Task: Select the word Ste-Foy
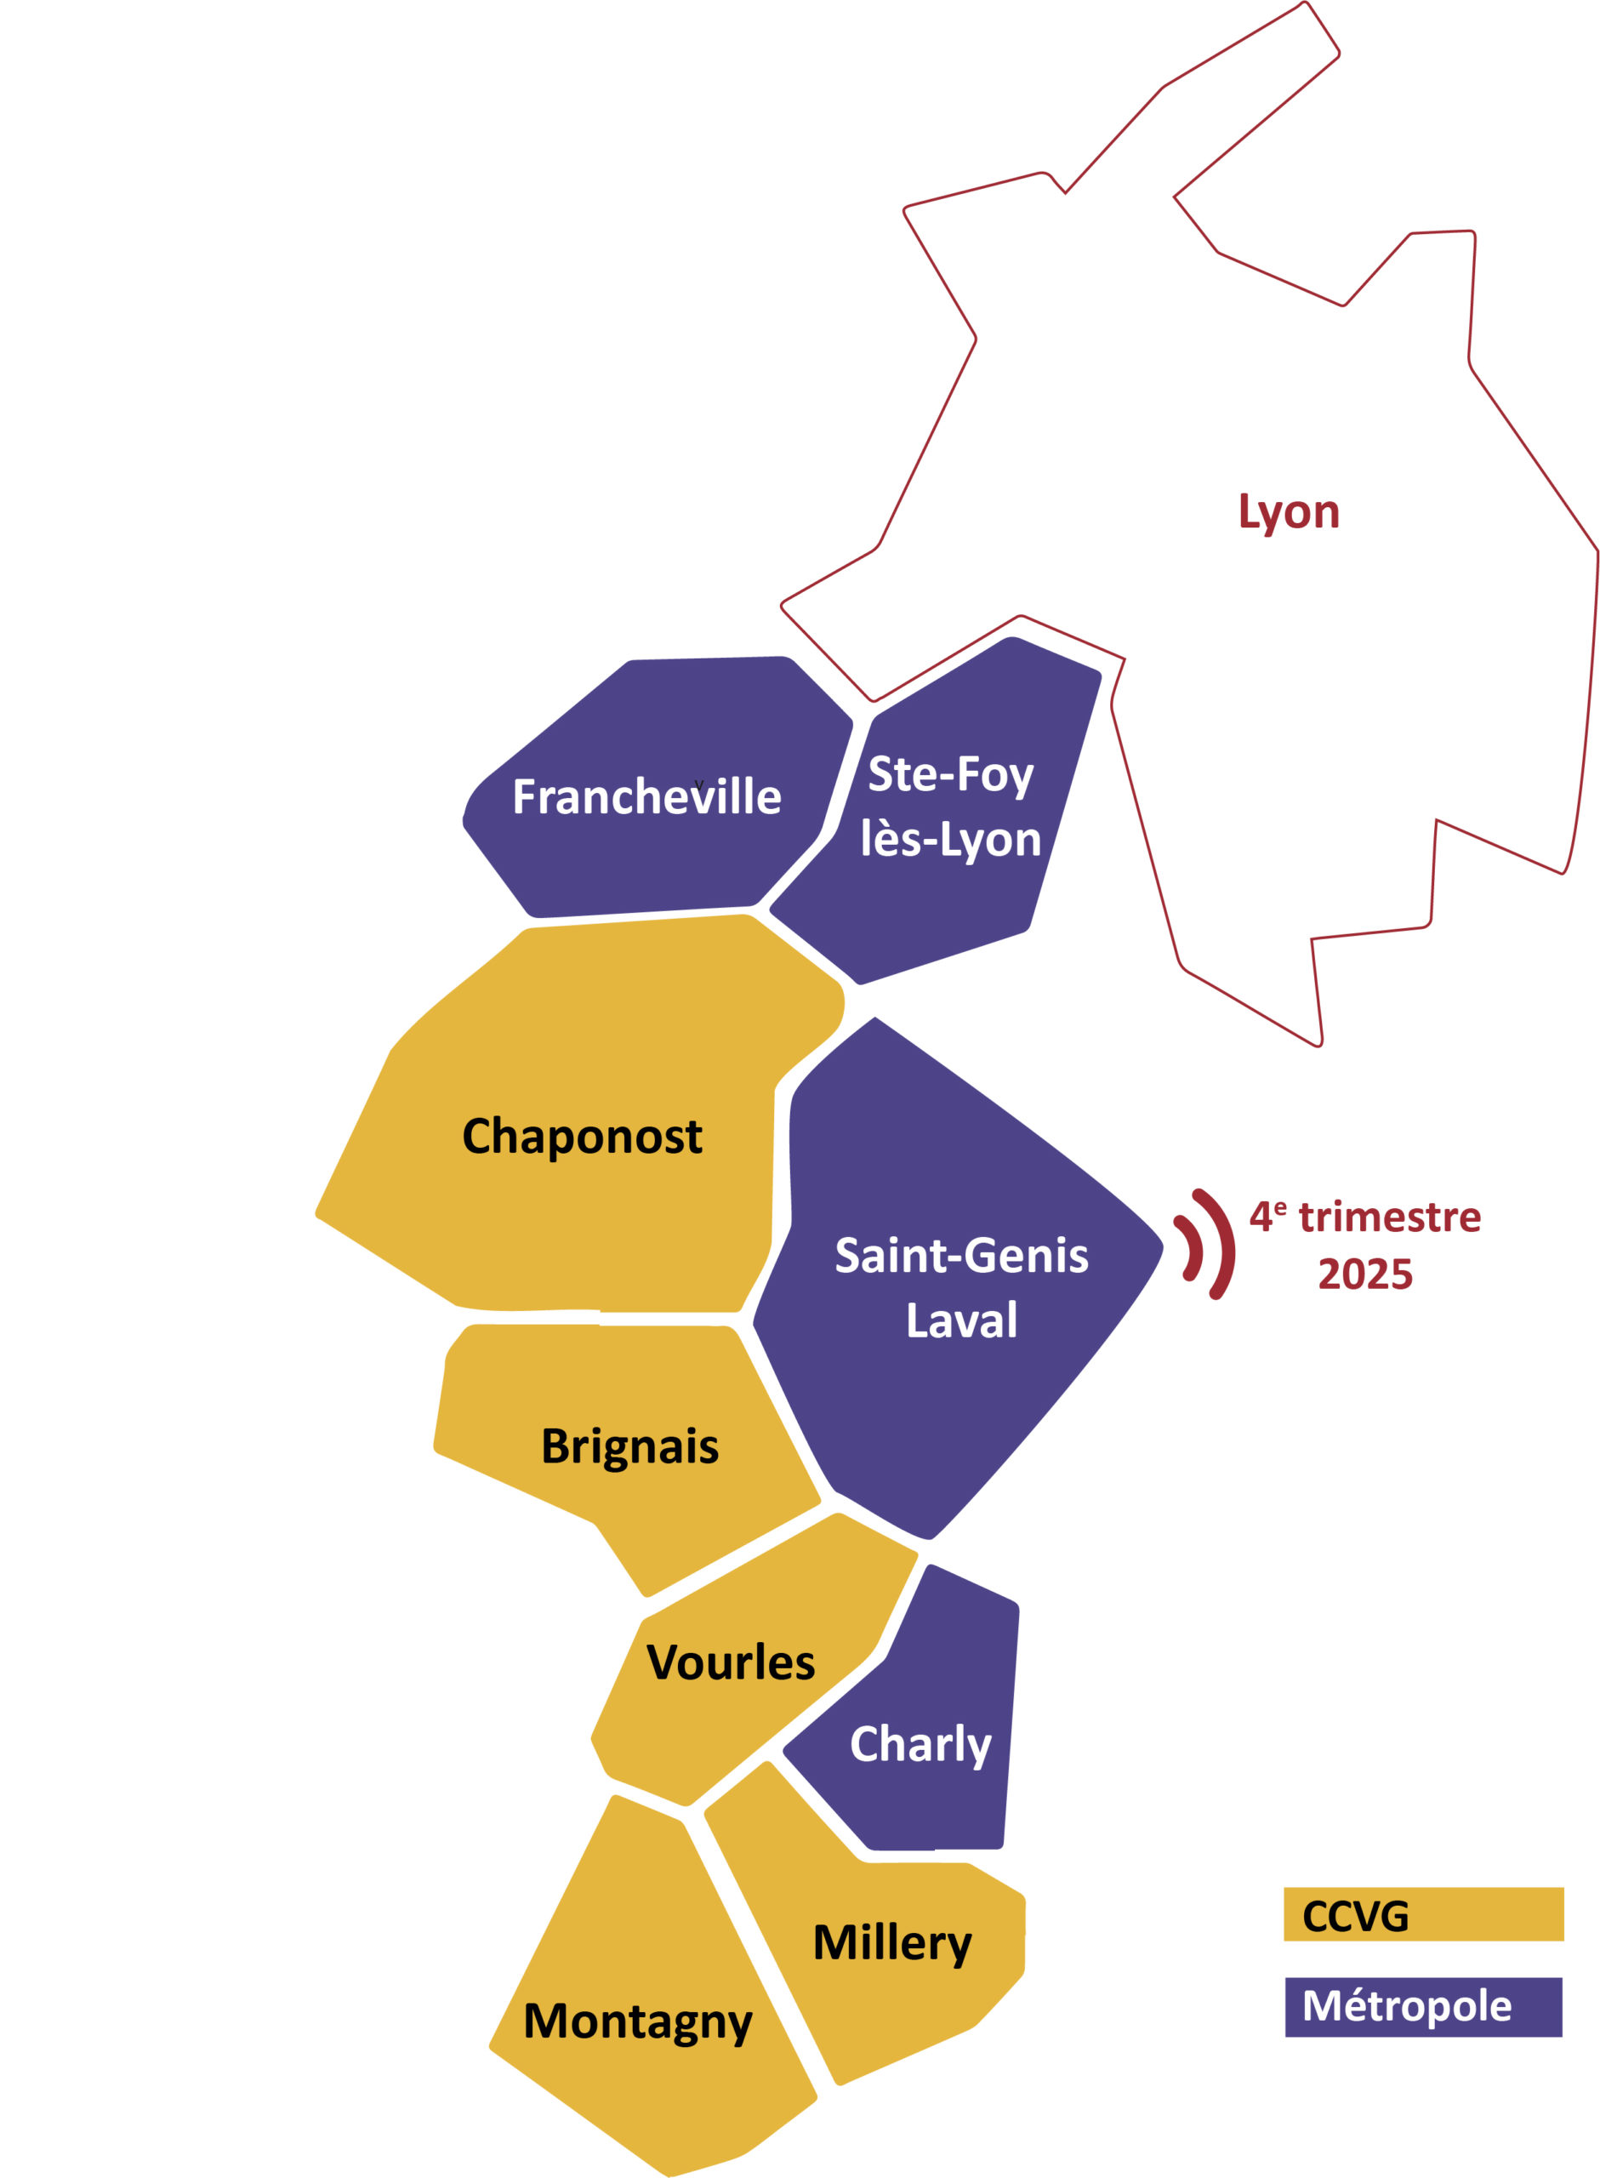tap(950, 775)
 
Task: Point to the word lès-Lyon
tap(950, 839)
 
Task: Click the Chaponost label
tap(582, 1136)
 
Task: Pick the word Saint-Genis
tap(961, 1256)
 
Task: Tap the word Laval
tap(961, 1320)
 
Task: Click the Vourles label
tap(731, 1662)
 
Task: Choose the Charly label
tap(920, 1744)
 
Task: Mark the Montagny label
tap(637, 2022)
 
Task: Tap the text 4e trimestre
tap(1364, 1217)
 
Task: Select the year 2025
tap(1364, 1274)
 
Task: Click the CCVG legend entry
tap(1423, 1914)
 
